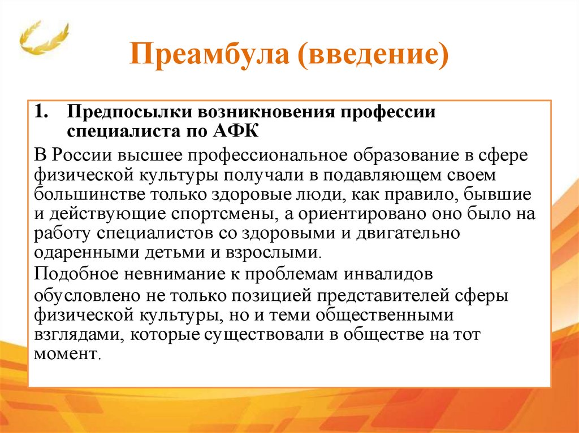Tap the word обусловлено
coord(84,295)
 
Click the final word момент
coord(66,355)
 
